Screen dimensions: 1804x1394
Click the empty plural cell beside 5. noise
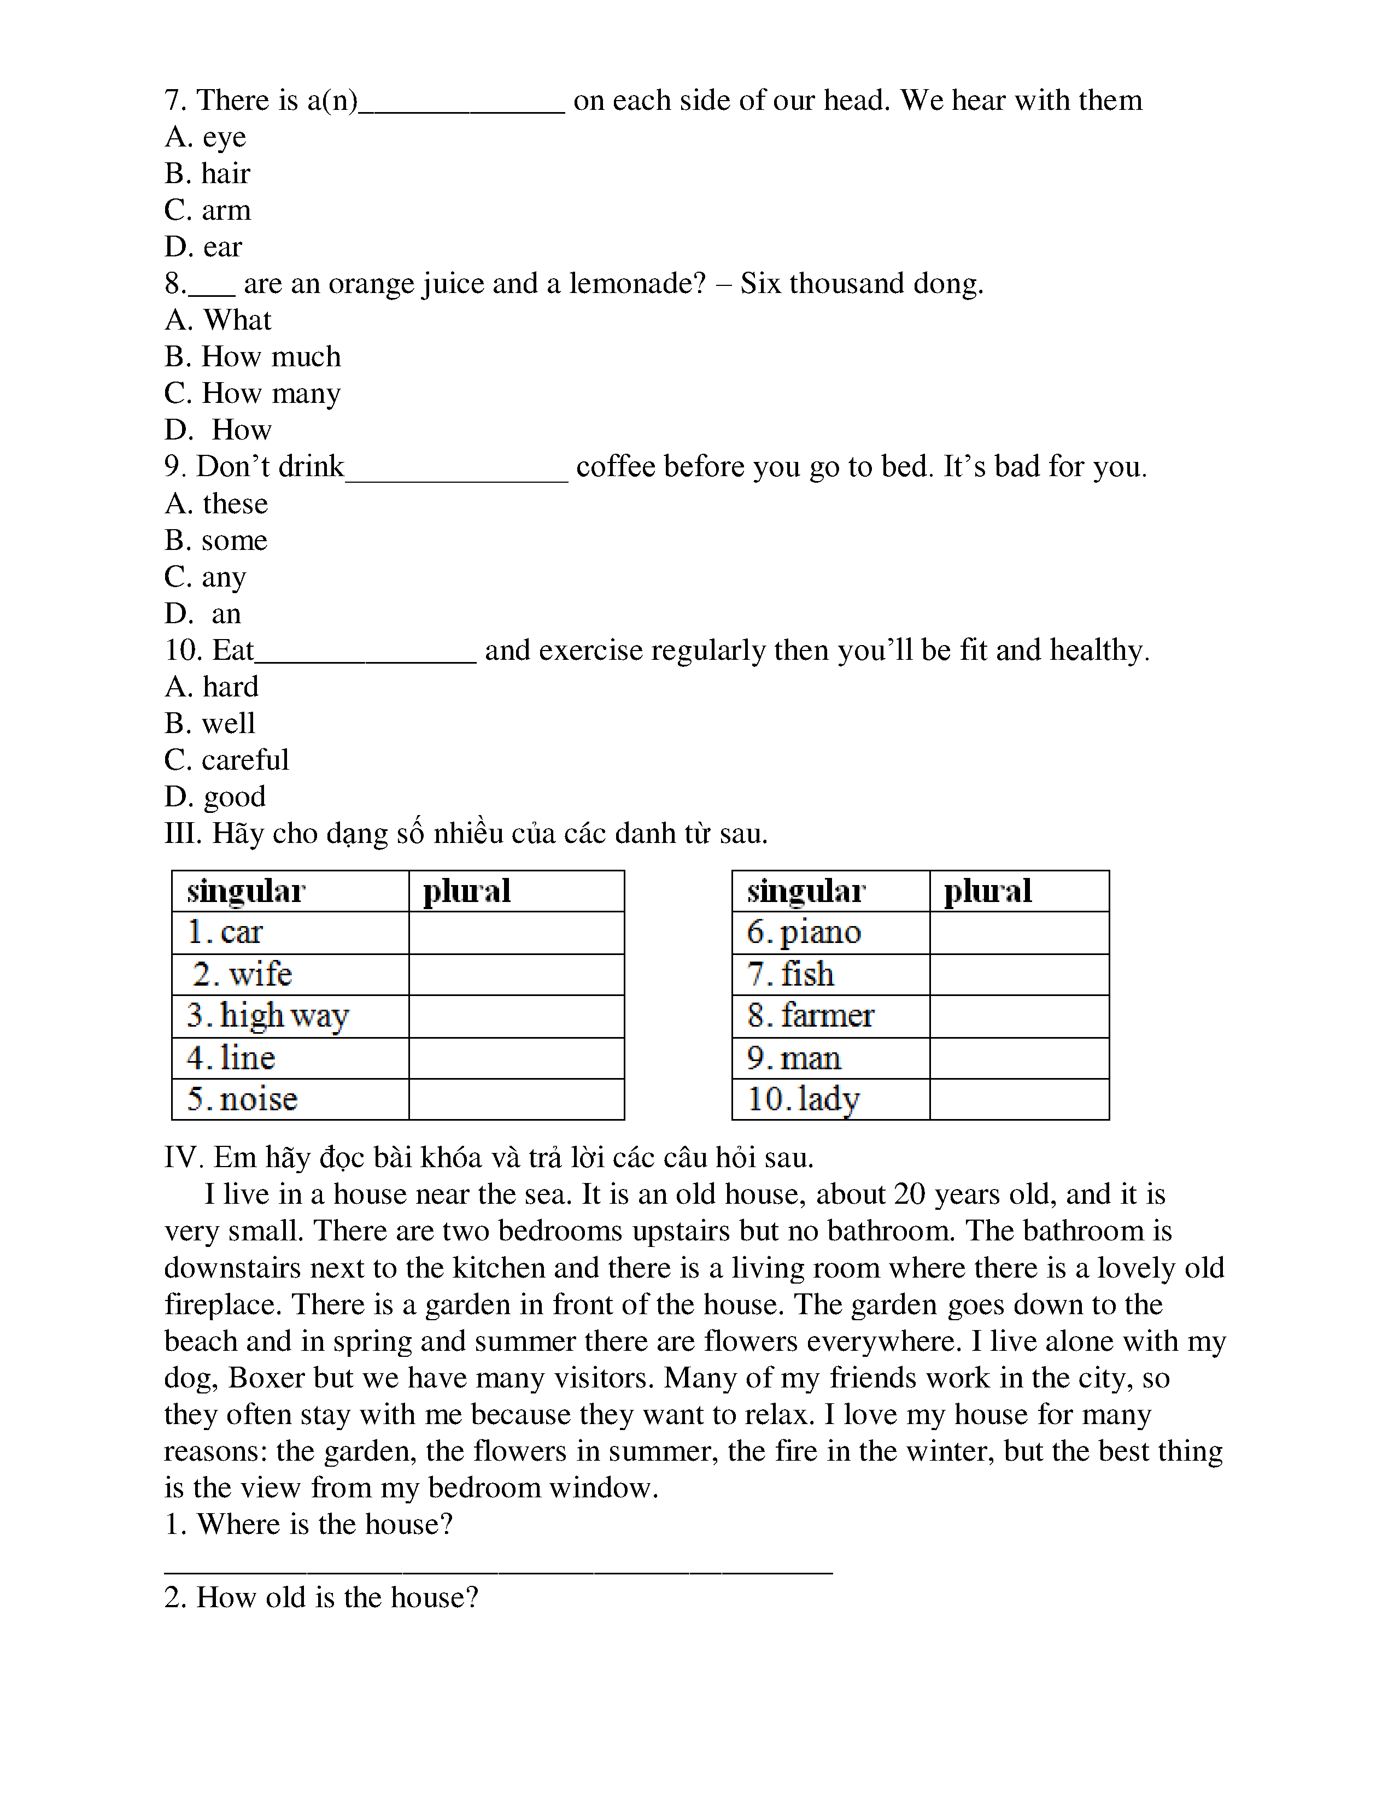(516, 1099)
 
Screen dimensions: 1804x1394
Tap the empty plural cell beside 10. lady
(1019, 1099)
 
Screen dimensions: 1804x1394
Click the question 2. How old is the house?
(321, 1597)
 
